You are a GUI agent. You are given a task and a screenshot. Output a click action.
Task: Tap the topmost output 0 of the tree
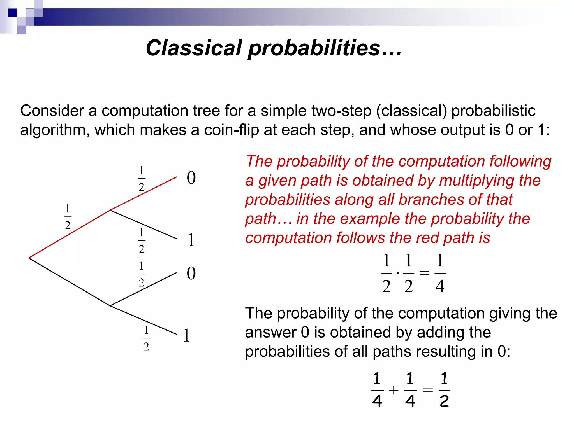point(191,178)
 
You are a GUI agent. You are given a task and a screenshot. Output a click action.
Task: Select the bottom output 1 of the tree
point(186,335)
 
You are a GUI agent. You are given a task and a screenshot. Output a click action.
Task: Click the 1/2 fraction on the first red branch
point(68,217)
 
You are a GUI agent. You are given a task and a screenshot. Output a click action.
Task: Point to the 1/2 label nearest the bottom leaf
point(146,338)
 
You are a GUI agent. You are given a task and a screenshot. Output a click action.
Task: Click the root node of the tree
point(29,258)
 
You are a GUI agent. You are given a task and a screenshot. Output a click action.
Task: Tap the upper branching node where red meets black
point(110,210)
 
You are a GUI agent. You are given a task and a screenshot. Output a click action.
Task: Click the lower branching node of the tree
point(110,306)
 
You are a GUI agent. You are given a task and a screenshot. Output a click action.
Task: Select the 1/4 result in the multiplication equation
point(440,273)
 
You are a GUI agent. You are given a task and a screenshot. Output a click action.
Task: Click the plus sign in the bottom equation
point(394,390)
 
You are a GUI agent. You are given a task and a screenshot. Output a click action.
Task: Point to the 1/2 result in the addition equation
point(444,390)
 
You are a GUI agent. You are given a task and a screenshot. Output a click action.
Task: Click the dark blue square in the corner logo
point(13,13)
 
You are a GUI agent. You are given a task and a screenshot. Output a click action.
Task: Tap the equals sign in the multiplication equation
point(424,273)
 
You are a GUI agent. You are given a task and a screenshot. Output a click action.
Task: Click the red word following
point(520,162)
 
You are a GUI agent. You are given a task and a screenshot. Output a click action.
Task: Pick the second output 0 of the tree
point(191,273)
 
